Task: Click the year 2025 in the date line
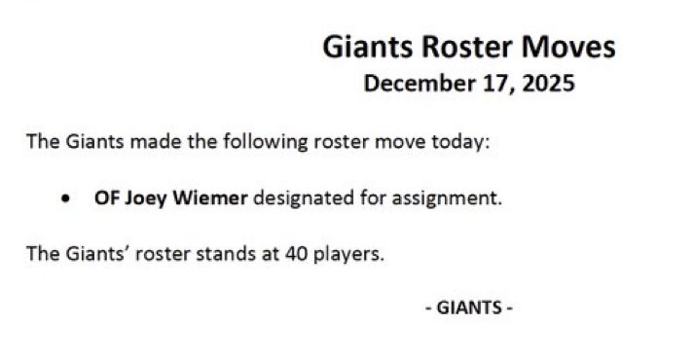pos(549,84)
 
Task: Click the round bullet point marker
pos(64,198)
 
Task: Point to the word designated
pos(303,198)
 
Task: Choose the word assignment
pos(452,198)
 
